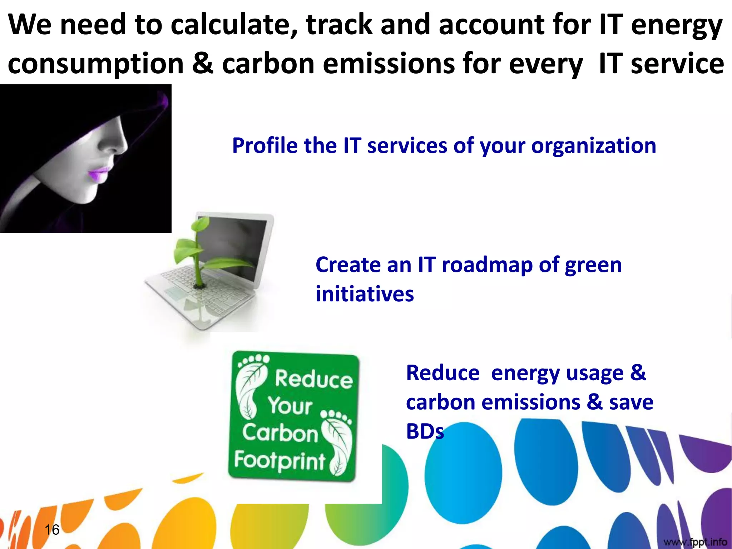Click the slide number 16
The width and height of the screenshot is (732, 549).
coord(52,530)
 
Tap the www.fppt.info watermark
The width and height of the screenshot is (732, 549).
coord(695,542)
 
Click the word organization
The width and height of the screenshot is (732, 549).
coord(593,146)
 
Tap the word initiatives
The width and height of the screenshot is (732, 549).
coord(365,295)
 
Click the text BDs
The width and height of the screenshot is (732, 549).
coord(425,431)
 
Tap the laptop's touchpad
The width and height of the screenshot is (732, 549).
coord(175,294)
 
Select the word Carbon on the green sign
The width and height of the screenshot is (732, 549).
coord(280,433)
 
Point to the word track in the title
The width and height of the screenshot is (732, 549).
coord(339,25)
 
